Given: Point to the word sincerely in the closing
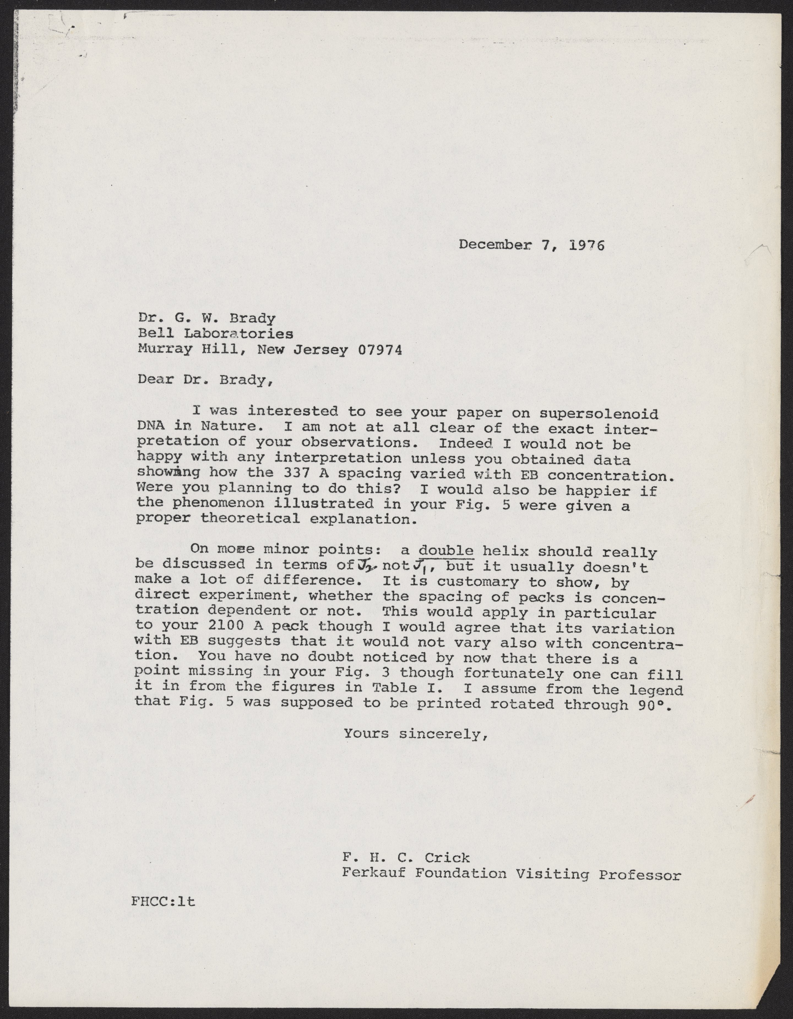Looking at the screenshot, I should (443, 734).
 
